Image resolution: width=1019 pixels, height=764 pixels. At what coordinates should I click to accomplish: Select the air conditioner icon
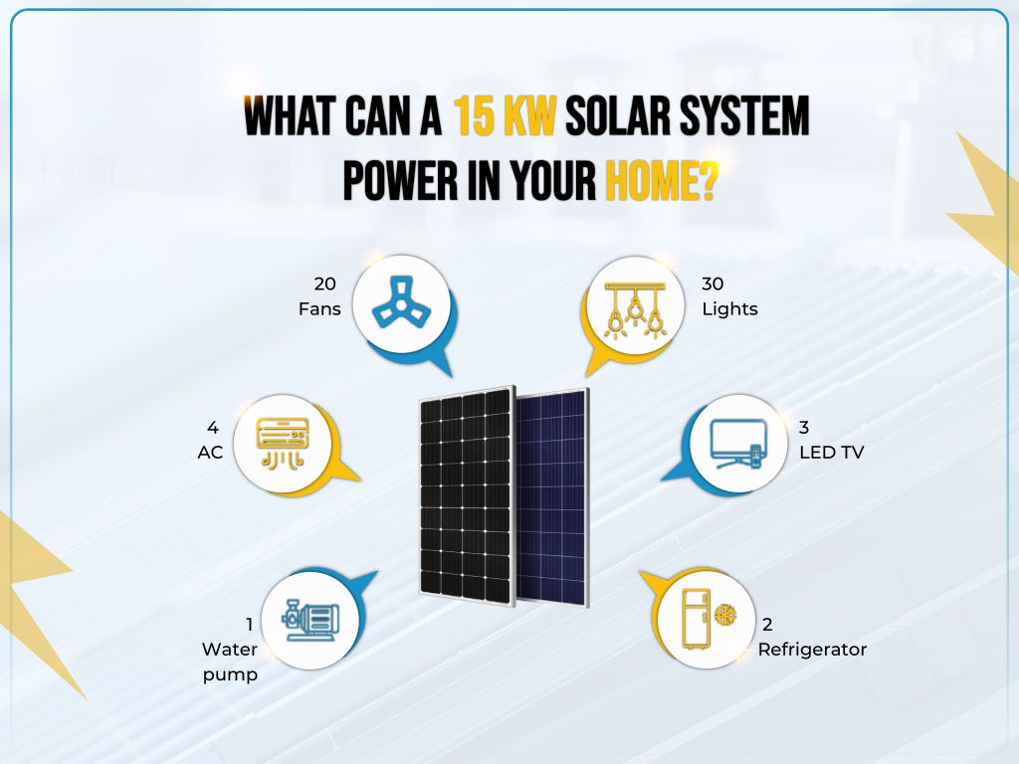coord(283,442)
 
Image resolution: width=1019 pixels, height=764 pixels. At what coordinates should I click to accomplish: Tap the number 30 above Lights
coord(713,284)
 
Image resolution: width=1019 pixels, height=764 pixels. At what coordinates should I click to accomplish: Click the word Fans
coord(319,308)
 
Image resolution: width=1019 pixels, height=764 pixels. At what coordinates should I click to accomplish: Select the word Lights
coord(729,308)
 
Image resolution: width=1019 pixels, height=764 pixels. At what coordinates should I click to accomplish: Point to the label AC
coord(211,452)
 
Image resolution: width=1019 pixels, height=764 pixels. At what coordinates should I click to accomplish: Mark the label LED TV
coord(832,452)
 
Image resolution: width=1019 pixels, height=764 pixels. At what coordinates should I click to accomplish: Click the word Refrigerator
coord(812,650)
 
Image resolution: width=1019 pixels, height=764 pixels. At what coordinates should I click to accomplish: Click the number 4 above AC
coord(212,427)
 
